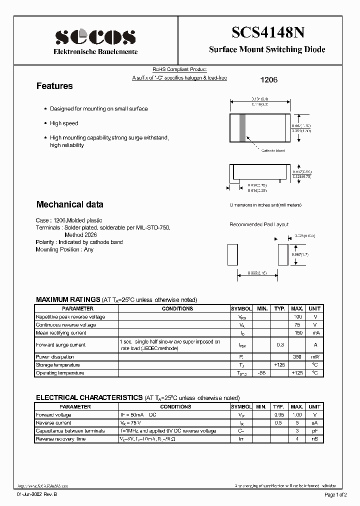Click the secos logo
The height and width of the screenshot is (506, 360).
(95, 37)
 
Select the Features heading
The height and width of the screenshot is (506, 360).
(54, 86)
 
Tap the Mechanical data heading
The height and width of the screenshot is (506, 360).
(69, 204)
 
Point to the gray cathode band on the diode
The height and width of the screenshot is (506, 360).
(243, 127)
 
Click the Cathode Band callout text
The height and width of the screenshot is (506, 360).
(273, 150)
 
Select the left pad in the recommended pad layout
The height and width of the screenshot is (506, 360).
(232, 254)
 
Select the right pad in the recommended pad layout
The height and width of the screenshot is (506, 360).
(282, 254)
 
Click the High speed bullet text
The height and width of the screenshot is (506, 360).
(64, 123)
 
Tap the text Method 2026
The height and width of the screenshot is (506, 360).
(80, 234)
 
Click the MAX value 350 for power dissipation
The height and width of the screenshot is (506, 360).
(297, 357)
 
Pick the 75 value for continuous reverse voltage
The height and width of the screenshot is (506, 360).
(298, 325)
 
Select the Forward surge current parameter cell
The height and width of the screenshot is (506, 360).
(60, 345)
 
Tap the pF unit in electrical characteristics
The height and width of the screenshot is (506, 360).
(314, 431)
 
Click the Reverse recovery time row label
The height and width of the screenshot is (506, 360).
(60, 439)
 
